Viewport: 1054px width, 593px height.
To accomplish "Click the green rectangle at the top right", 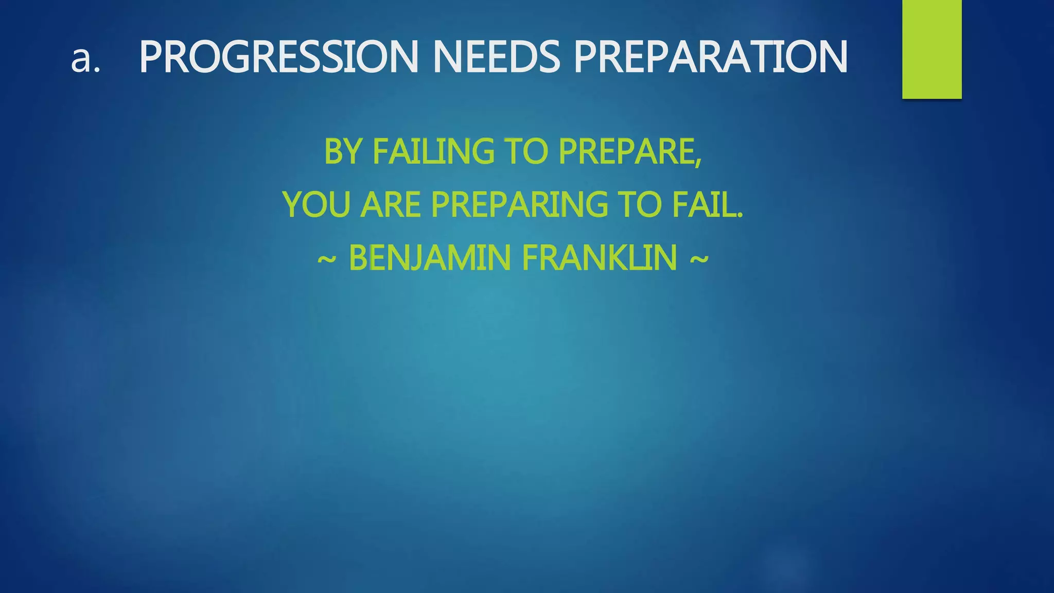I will pos(932,49).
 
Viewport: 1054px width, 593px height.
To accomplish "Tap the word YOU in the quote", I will pos(315,204).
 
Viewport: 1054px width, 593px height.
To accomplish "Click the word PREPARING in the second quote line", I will pos(519,204).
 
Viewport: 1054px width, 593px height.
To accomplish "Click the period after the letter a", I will pos(96,70).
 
